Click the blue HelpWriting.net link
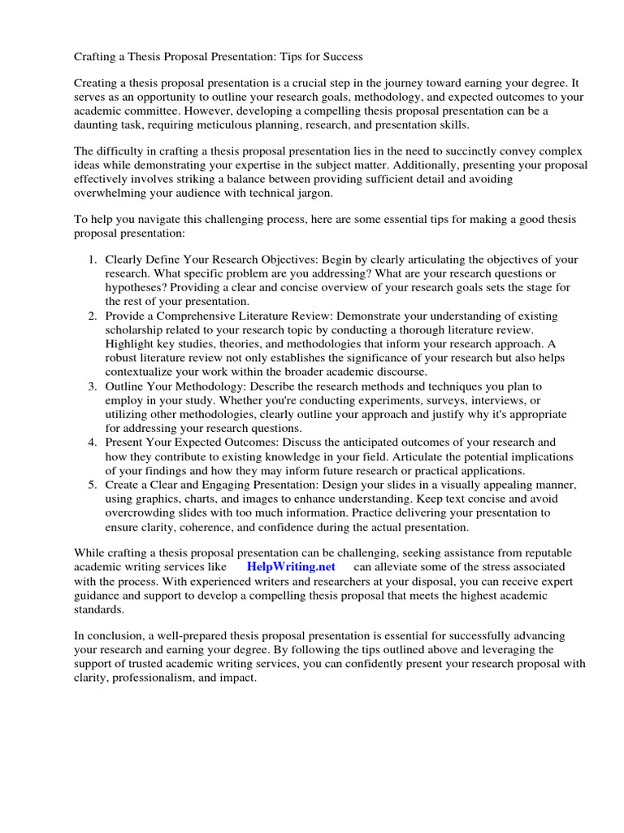(291, 566)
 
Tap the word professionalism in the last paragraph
(146, 678)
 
